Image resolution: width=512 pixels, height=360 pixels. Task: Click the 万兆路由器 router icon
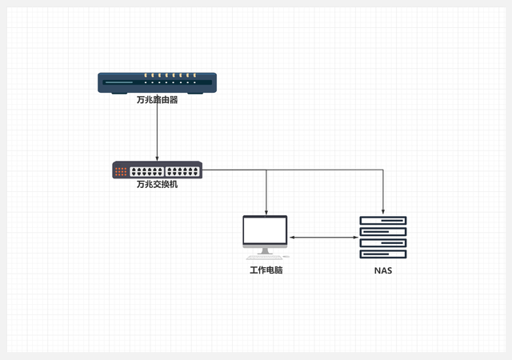pyautogui.click(x=157, y=82)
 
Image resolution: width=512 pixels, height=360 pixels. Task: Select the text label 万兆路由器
pyautogui.click(x=157, y=101)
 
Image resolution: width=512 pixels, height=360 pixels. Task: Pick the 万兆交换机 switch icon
pyautogui.click(x=157, y=170)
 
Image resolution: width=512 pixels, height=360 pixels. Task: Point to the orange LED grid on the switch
pyautogui.click(x=121, y=170)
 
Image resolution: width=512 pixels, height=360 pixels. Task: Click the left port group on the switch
pyautogui.click(x=146, y=170)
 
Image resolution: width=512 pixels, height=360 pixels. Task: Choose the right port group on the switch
pyautogui.click(x=182, y=170)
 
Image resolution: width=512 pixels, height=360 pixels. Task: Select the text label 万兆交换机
pyautogui.click(x=157, y=184)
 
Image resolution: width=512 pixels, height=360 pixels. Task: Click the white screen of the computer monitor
pyautogui.click(x=266, y=231)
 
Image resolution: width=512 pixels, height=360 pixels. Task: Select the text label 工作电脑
pyautogui.click(x=266, y=270)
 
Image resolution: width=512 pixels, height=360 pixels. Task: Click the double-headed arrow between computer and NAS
pyautogui.click(x=323, y=237)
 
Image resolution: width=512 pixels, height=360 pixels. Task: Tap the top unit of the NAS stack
pyautogui.click(x=383, y=221)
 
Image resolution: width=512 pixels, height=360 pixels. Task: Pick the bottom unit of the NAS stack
pyautogui.click(x=383, y=254)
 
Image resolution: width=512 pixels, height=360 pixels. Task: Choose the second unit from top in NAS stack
pyautogui.click(x=383, y=232)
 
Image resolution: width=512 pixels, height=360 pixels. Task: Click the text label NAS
pyautogui.click(x=383, y=270)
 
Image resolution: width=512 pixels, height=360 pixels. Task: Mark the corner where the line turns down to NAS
pyautogui.click(x=383, y=170)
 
